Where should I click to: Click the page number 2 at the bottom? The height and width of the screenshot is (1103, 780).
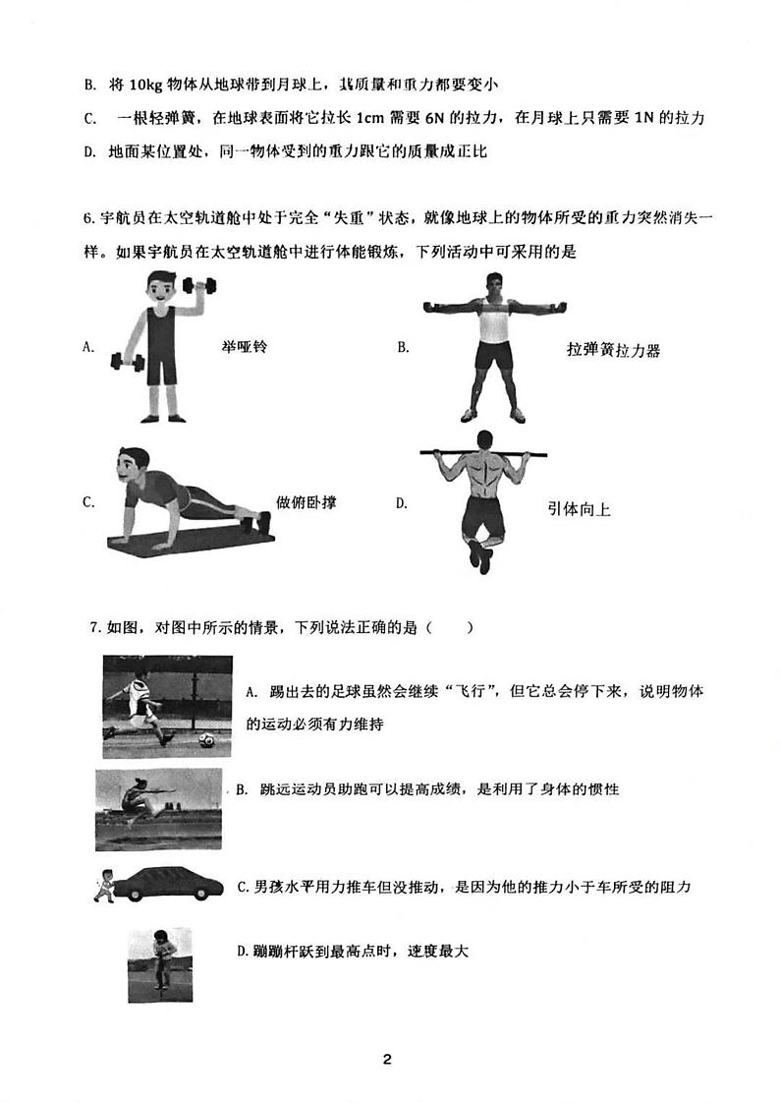[388, 1059]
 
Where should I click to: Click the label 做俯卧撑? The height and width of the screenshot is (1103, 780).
[306, 502]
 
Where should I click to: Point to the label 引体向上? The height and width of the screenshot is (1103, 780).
[579, 509]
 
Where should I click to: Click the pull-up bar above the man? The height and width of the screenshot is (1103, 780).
[488, 454]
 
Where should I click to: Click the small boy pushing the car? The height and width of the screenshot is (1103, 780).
[103, 884]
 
